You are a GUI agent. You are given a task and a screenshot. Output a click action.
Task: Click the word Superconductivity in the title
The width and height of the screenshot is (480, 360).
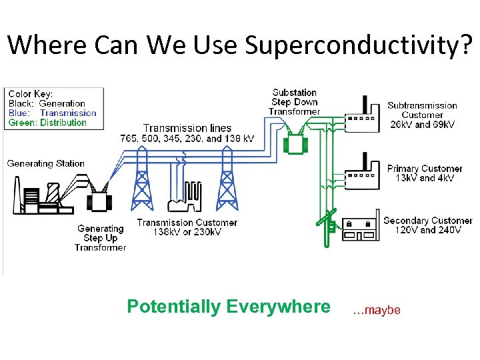tap(359, 45)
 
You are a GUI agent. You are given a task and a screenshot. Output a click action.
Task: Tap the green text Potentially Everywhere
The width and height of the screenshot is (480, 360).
tap(228, 307)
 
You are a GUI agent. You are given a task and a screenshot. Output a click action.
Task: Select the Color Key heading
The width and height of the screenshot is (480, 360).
tap(31, 94)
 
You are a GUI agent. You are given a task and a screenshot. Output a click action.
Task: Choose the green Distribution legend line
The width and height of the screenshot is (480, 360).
tap(47, 123)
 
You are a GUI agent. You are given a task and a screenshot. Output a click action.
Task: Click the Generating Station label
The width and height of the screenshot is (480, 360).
tap(46, 163)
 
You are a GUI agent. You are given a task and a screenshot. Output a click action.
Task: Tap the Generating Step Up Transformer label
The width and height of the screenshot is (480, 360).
tap(100, 238)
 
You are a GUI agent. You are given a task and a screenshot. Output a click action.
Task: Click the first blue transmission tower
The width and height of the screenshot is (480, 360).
tap(141, 180)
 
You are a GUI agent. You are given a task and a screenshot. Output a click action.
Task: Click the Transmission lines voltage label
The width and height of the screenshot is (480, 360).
tap(187, 133)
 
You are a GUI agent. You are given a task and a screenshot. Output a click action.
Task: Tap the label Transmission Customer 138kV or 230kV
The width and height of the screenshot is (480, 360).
tap(187, 227)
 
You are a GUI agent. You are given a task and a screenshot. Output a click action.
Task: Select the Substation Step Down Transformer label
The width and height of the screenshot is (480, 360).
tap(295, 102)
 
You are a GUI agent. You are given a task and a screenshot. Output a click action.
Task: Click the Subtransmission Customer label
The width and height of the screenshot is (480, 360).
tap(422, 115)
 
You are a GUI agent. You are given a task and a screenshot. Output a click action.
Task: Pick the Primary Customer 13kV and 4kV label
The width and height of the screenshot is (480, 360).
tap(425, 173)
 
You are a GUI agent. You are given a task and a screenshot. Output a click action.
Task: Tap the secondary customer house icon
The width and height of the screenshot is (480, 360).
tap(359, 227)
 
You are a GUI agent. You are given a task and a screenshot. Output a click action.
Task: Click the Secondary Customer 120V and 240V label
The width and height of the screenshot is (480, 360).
tap(427, 225)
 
